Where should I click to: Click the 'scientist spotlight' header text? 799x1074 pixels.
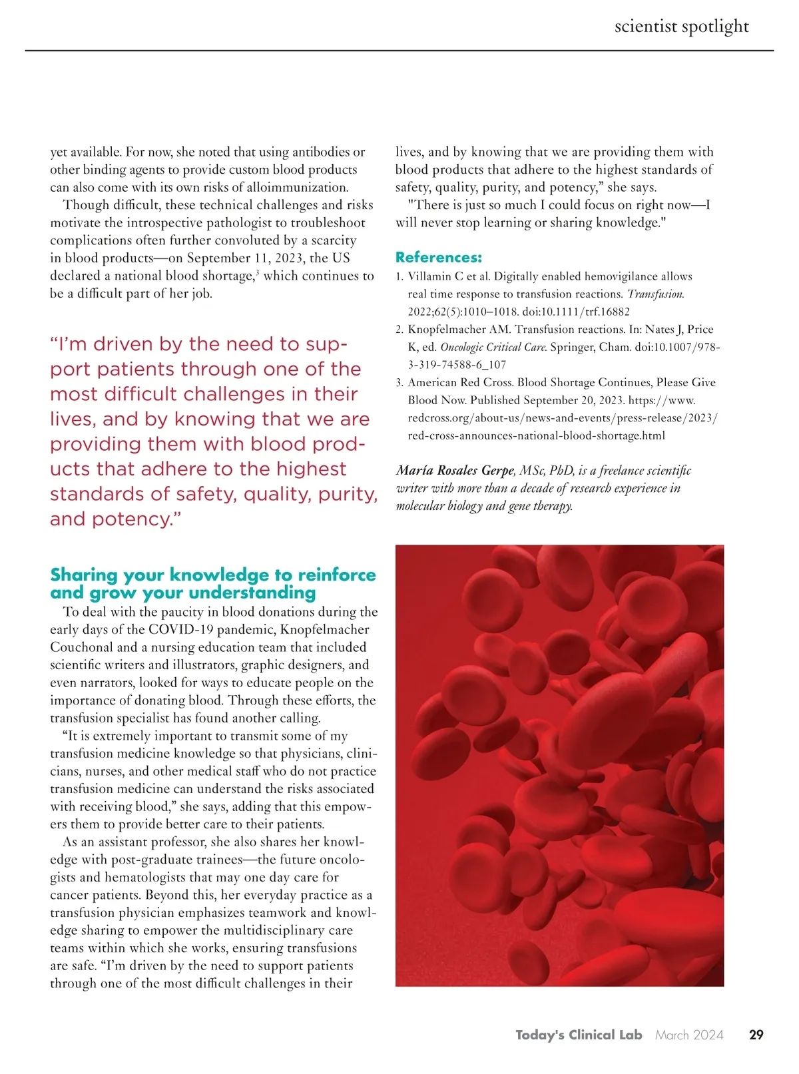coord(681,27)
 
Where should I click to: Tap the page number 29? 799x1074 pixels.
coord(756,1035)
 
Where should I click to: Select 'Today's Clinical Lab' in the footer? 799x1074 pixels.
coord(578,1035)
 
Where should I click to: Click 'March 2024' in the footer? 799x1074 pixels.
coord(689,1035)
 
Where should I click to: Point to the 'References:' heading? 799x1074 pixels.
coord(438,258)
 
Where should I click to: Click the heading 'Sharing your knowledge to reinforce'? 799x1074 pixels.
coord(213,575)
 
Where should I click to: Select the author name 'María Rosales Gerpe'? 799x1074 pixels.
coord(455,471)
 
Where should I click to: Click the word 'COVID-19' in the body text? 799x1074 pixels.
coord(176,630)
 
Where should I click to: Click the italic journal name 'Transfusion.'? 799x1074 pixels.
coord(655,294)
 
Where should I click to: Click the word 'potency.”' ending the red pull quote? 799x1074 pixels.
coord(137,519)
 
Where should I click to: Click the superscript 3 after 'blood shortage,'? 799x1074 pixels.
coord(257,272)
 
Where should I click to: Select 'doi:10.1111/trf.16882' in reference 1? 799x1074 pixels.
coord(575,312)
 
